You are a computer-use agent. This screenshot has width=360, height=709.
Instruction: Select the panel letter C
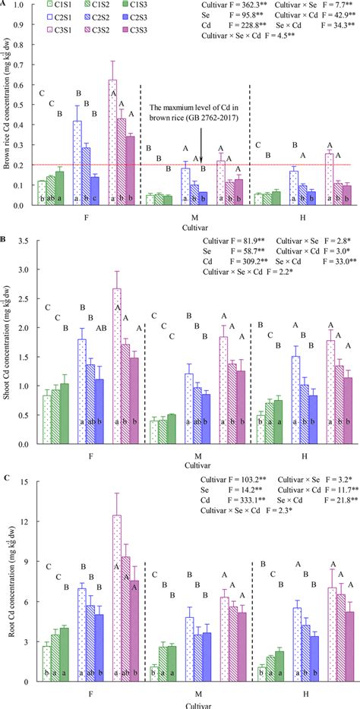pyautogui.click(x=5, y=477)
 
